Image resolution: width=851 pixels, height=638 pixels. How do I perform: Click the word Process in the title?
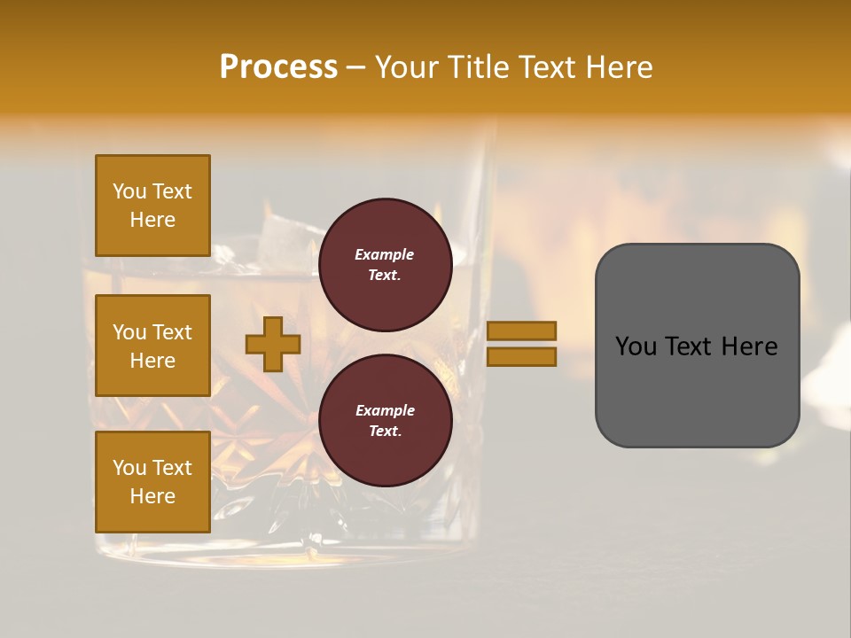pos(278,67)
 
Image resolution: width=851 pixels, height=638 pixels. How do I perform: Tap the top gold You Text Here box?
pos(152,206)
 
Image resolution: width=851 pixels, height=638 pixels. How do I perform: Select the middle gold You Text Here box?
pos(152,346)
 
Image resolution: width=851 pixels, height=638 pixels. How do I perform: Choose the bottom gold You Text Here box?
pos(152,481)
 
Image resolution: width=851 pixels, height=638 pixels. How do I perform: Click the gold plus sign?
pos(273,344)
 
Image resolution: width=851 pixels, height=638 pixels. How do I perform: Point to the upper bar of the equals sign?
pos(521,331)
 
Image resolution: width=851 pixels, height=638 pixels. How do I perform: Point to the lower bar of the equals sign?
pos(521,356)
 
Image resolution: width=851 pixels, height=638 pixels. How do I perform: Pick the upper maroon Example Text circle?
pos(385,265)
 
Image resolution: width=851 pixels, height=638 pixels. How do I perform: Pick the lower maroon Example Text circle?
pos(385,421)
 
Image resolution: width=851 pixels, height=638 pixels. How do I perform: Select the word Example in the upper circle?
pos(385,254)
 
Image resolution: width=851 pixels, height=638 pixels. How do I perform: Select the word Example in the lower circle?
pos(385,410)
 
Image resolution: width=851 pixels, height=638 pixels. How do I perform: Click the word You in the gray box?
pos(635,346)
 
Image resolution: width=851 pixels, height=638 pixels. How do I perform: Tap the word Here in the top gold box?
pos(152,220)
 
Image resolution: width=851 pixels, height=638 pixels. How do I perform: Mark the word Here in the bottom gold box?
pos(152,496)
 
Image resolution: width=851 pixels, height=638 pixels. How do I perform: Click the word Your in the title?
pos(410,67)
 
